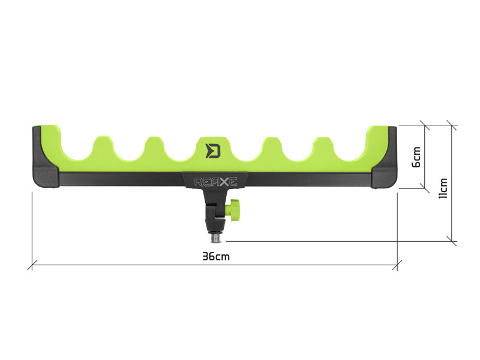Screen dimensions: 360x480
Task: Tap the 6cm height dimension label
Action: point(416,157)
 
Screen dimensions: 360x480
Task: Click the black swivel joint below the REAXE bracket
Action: point(214,210)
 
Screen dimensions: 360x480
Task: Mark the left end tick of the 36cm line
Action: point(32,262)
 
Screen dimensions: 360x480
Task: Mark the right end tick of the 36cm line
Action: point(397,262)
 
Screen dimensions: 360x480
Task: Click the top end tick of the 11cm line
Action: point(451,126)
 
